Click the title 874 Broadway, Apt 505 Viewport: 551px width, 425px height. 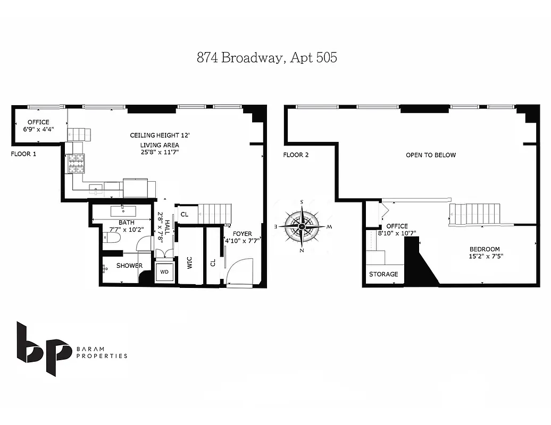click(266, 58)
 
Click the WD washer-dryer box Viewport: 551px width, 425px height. click(164, 271)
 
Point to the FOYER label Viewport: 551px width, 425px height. click(242, 233)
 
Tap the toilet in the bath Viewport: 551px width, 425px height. click(110, 240)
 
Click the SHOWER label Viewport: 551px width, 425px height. click(129, 266)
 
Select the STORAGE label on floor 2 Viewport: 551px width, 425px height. click(383, 274)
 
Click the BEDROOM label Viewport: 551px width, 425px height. click(484, 249)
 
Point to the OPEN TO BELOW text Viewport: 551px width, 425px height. click(431, 155)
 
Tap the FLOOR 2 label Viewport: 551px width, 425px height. click(296, 155)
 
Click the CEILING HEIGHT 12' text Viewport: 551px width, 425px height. click(160, 135)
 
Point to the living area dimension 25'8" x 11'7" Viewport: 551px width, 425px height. click(160, 152)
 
